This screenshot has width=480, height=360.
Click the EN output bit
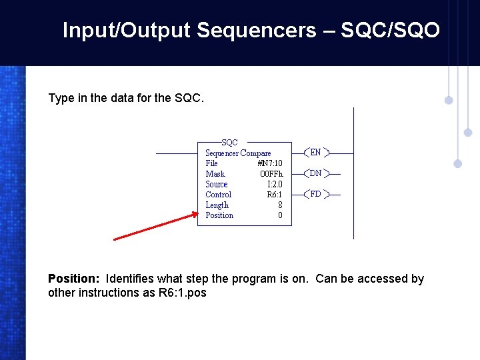point(315,153)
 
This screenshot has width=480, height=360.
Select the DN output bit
point(315,173)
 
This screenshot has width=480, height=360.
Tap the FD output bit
point(315,195)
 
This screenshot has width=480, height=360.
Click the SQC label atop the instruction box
point(229,143)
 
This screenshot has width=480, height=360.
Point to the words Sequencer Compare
point(238,153)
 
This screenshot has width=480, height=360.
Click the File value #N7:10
point(269,163)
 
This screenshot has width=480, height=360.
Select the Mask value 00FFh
point(271,174)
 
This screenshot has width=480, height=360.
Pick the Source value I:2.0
point(275,184)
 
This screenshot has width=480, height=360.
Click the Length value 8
point(280,205)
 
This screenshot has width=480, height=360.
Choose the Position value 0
point(280,215)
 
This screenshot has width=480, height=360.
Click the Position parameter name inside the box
point(219,215)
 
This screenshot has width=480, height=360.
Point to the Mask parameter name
point(215,174)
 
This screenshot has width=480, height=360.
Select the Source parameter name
point(217,184)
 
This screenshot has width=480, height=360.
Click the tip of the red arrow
point(197,214)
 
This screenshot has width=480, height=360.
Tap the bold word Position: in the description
point(74,279)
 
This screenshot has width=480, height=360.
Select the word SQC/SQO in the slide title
point(390,30)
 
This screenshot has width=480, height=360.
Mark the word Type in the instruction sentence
point(61,98)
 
